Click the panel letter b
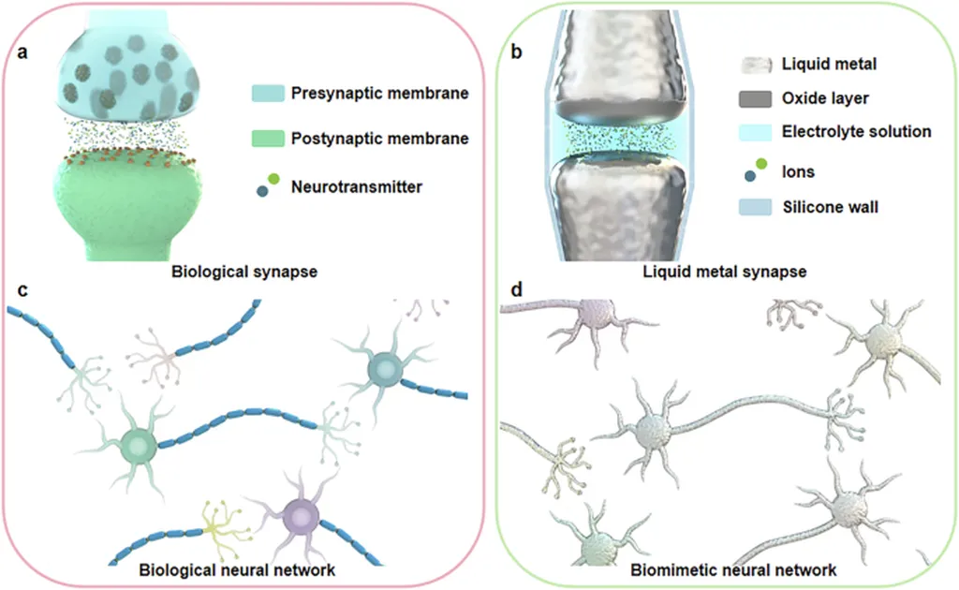coord(516,52)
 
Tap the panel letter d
coord(516,291)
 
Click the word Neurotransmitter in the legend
coord(356,187)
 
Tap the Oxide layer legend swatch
coord(756,98)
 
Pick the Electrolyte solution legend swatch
coord(756,132)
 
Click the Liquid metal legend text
coord(822,65)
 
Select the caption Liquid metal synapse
coord(727,273)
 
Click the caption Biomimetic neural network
coord(733,568)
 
